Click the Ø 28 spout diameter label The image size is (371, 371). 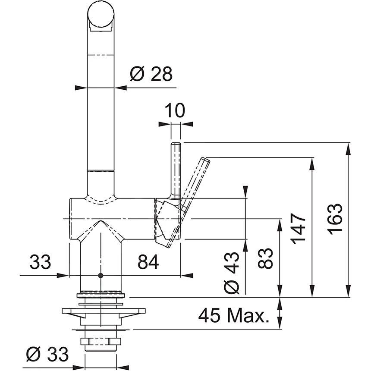point(151,75)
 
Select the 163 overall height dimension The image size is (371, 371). point(335,219)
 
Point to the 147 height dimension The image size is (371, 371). point(299,228)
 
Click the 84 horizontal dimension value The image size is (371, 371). point(148,261)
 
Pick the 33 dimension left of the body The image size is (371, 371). point(40,261)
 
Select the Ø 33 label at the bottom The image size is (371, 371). point(47,355)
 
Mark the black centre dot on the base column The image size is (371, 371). point(101,275)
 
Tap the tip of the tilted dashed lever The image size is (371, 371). point(205,160)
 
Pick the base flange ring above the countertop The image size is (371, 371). point(101,296)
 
